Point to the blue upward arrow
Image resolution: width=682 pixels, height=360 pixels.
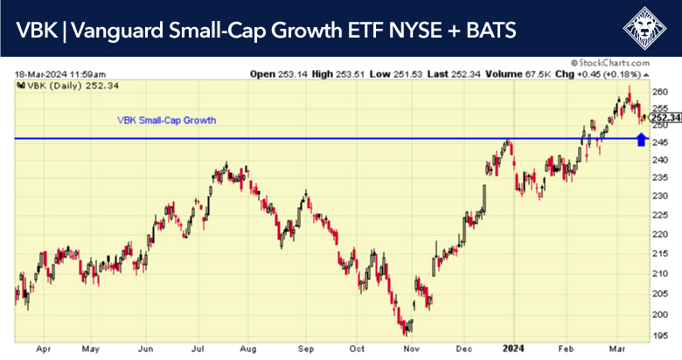click(642, 139)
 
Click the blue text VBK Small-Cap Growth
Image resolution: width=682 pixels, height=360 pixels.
click(166, 120)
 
